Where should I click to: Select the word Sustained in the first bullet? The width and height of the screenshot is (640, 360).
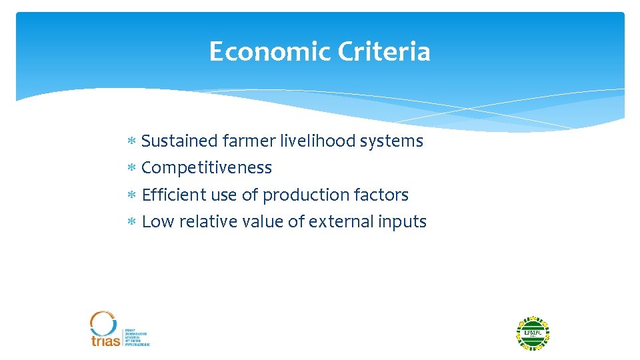[180, 141]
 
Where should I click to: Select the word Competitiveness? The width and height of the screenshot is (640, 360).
[207, 168]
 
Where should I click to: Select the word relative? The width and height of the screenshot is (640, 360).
[202, 222]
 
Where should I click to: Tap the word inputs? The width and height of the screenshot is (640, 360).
[403, 222]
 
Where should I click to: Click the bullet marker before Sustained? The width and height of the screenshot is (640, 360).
[132, 141]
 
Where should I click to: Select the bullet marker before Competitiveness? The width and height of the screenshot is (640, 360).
[132, 168]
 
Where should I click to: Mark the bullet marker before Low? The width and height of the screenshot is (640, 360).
[132, 222]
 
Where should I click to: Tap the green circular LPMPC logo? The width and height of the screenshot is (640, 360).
[533, 333]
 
